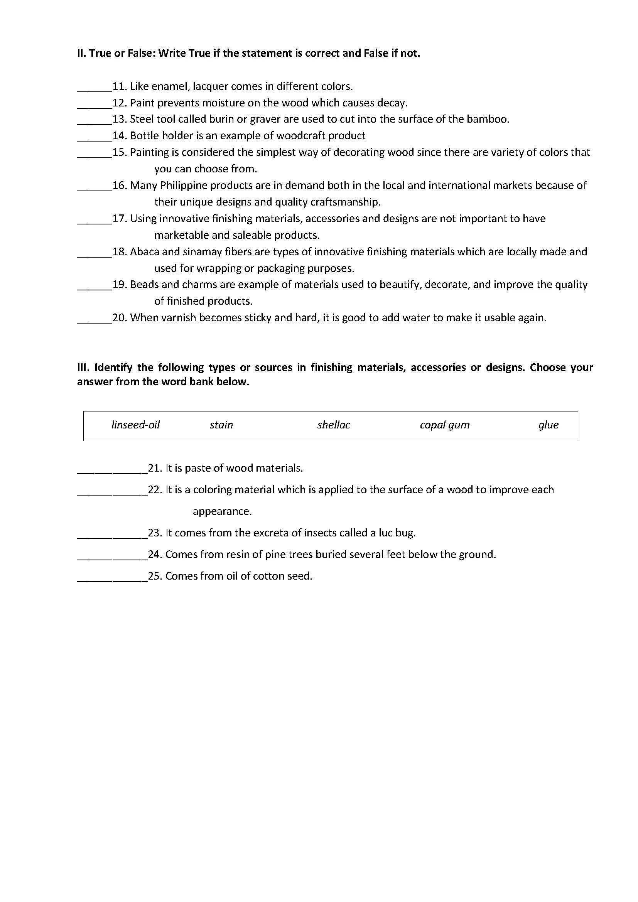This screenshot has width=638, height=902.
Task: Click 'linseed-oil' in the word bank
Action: point(135,425)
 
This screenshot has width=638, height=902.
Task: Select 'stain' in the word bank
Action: point(221,425)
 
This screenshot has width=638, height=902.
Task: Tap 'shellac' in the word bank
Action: point(334,425)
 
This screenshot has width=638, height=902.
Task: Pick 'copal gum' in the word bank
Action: point(445,425)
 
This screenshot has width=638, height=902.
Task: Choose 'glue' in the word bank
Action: point(549,425)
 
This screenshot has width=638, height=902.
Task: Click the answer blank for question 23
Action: point(112,534)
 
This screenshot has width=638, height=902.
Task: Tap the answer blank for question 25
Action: point(112,578)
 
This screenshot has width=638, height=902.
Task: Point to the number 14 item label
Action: point(119,136)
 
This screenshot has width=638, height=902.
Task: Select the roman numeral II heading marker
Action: point(81,53)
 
